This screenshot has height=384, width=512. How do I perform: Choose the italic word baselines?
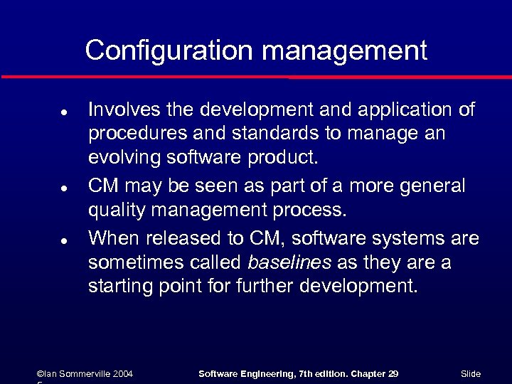(289, 263)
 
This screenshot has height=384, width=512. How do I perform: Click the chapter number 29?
(393, 373)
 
